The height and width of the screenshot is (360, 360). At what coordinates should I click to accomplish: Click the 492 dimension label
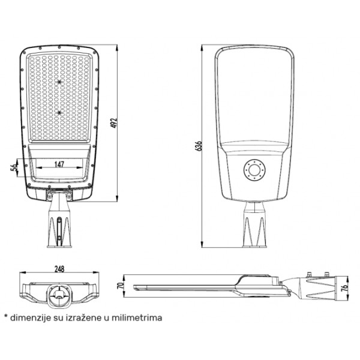114,123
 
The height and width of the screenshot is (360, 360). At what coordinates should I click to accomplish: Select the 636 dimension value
198,146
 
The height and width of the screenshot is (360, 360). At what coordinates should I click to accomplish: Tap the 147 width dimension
59,164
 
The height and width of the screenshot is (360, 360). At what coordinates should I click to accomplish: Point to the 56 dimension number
14,167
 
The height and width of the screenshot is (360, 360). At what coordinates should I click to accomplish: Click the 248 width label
59,269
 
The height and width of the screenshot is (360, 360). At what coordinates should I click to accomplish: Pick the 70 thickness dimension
121,286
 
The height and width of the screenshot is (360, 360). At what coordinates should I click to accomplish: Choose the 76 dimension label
344,287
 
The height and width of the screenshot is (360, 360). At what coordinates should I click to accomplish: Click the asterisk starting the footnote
6,317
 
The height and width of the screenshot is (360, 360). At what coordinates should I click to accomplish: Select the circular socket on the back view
254,170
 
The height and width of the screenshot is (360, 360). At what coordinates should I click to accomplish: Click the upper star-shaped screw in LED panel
59,82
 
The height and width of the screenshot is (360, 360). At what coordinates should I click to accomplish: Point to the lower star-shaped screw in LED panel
59,113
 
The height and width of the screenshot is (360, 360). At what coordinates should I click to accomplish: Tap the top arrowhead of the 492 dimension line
117,48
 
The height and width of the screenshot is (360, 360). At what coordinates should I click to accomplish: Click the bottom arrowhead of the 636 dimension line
202,244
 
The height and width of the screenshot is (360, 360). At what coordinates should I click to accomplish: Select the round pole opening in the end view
59,295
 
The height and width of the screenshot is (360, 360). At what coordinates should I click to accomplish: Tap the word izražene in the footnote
84,318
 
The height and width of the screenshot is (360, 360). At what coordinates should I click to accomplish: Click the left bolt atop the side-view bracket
309,275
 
